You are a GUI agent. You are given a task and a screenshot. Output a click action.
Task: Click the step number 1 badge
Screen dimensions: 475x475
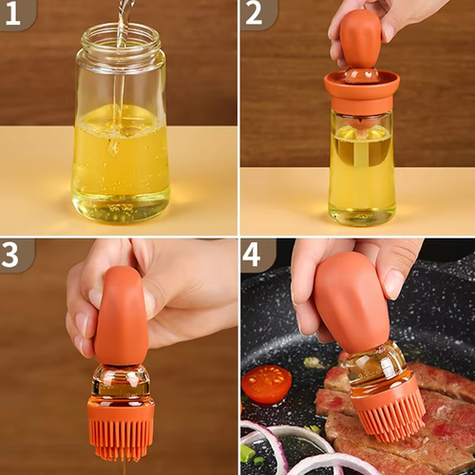pos(14,13)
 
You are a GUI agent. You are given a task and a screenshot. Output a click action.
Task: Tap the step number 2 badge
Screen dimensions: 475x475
pos(253,13)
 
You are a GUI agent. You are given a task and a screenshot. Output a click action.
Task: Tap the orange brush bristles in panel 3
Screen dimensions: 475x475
pos(121,427)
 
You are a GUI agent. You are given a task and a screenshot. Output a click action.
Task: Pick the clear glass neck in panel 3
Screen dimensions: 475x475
pos(121,380)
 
